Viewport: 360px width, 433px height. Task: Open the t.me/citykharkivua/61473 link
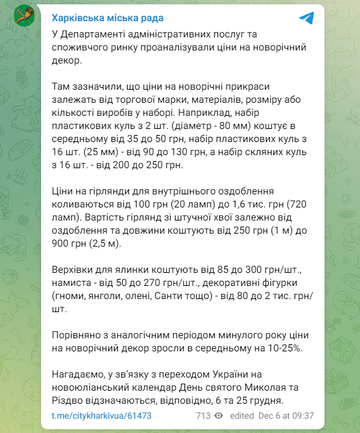pos(102,416)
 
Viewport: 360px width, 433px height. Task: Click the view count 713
pos(203,416)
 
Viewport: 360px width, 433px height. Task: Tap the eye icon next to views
pos(219,416)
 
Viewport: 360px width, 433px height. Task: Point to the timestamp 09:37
pos(302,416)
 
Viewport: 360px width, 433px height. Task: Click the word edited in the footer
pos(242,416)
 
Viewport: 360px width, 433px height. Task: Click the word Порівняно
pos(78,335)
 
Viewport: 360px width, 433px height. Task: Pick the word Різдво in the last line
pos(67,400)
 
